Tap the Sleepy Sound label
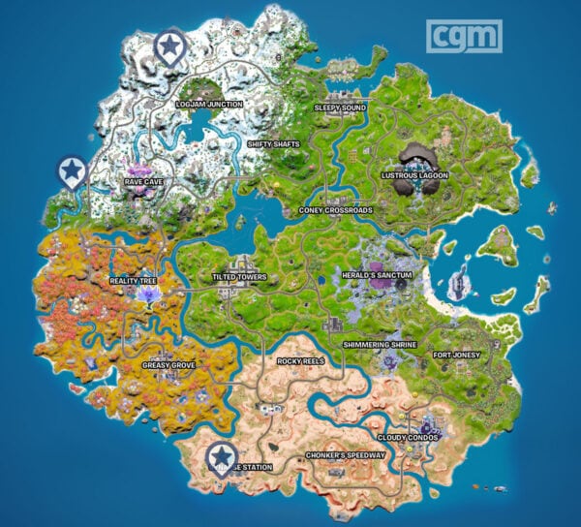pyautogui.click(x=340, y=108)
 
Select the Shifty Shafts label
pyautogui.click(x=273, y=144)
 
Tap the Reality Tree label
pyautogui.click(x=134, y=281)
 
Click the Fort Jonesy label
pyautogui.click(x=455, y=355)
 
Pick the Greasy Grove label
pyautogui.click(x=169, y=366)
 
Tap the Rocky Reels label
pyautogui.click(x=299, y=361)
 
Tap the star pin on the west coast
pyautogui.click(x=71, y=171)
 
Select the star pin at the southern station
pyautogui.click(x=223, y=454)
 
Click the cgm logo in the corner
pyautogui.click(x=466, y=36)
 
